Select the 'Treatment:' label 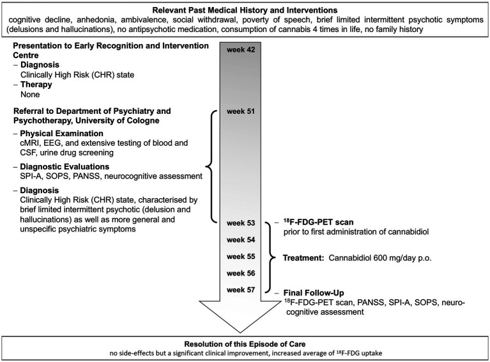(303, 257)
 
